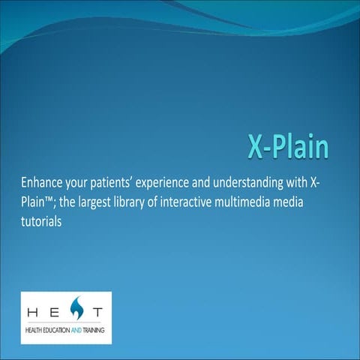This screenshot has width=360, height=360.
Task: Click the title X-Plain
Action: (x=288, y=147)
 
